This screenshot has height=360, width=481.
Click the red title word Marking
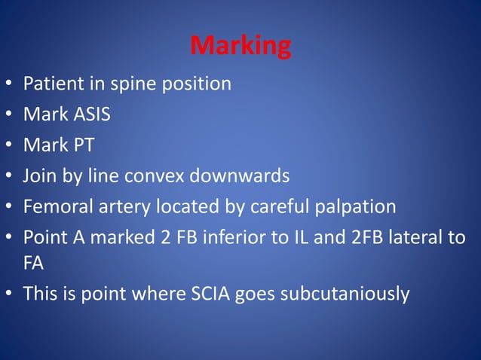tap(240, 46)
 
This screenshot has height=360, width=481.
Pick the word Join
tap(41, 176)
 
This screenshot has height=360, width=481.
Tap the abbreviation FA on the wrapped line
tap(33, 264)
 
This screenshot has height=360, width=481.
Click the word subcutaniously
tap(345, 294)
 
